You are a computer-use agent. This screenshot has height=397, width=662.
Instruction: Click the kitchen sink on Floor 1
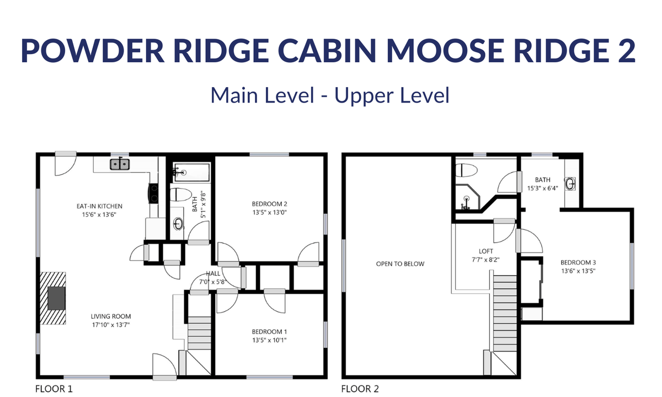pos(120,164)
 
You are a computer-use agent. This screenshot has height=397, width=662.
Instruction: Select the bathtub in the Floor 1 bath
pos(192,172)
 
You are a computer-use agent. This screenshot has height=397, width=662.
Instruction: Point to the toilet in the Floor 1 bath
pos(180,194)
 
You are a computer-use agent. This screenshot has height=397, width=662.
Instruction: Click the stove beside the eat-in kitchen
pos(153,194)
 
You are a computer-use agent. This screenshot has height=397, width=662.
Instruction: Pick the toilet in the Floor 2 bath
pos(466,170)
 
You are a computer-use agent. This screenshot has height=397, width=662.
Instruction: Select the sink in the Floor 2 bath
pos(570,184)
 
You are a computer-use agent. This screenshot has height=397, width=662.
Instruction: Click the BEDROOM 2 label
pos(269,204)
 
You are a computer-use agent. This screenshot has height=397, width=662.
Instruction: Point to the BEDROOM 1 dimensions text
pos(269,340)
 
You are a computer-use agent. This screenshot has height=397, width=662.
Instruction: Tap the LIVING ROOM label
pos(111,316)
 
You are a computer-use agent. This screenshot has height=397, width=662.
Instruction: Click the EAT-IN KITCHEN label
pos(99,206)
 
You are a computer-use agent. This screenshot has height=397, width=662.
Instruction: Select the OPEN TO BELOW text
pos(400,264)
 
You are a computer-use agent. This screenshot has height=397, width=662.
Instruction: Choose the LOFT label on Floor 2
pos(486,251)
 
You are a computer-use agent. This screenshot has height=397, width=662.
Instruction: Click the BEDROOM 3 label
pos(578,262)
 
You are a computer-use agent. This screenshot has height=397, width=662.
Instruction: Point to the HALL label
pos(213,273)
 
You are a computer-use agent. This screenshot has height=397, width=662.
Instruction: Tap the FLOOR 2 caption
pos(360,389)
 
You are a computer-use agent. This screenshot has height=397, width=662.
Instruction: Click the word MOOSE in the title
pos(445,51)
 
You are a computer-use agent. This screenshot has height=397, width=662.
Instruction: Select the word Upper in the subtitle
pos(364,96)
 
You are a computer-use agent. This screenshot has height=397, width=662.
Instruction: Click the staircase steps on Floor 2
pos(505,313)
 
